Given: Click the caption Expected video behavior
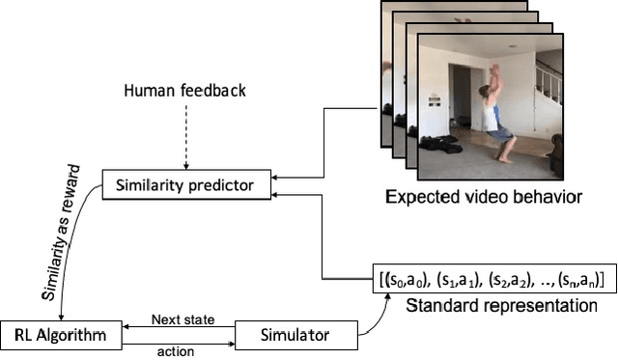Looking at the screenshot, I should tap(483, 199).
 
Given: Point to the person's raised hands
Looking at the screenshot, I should tap(495, 69).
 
